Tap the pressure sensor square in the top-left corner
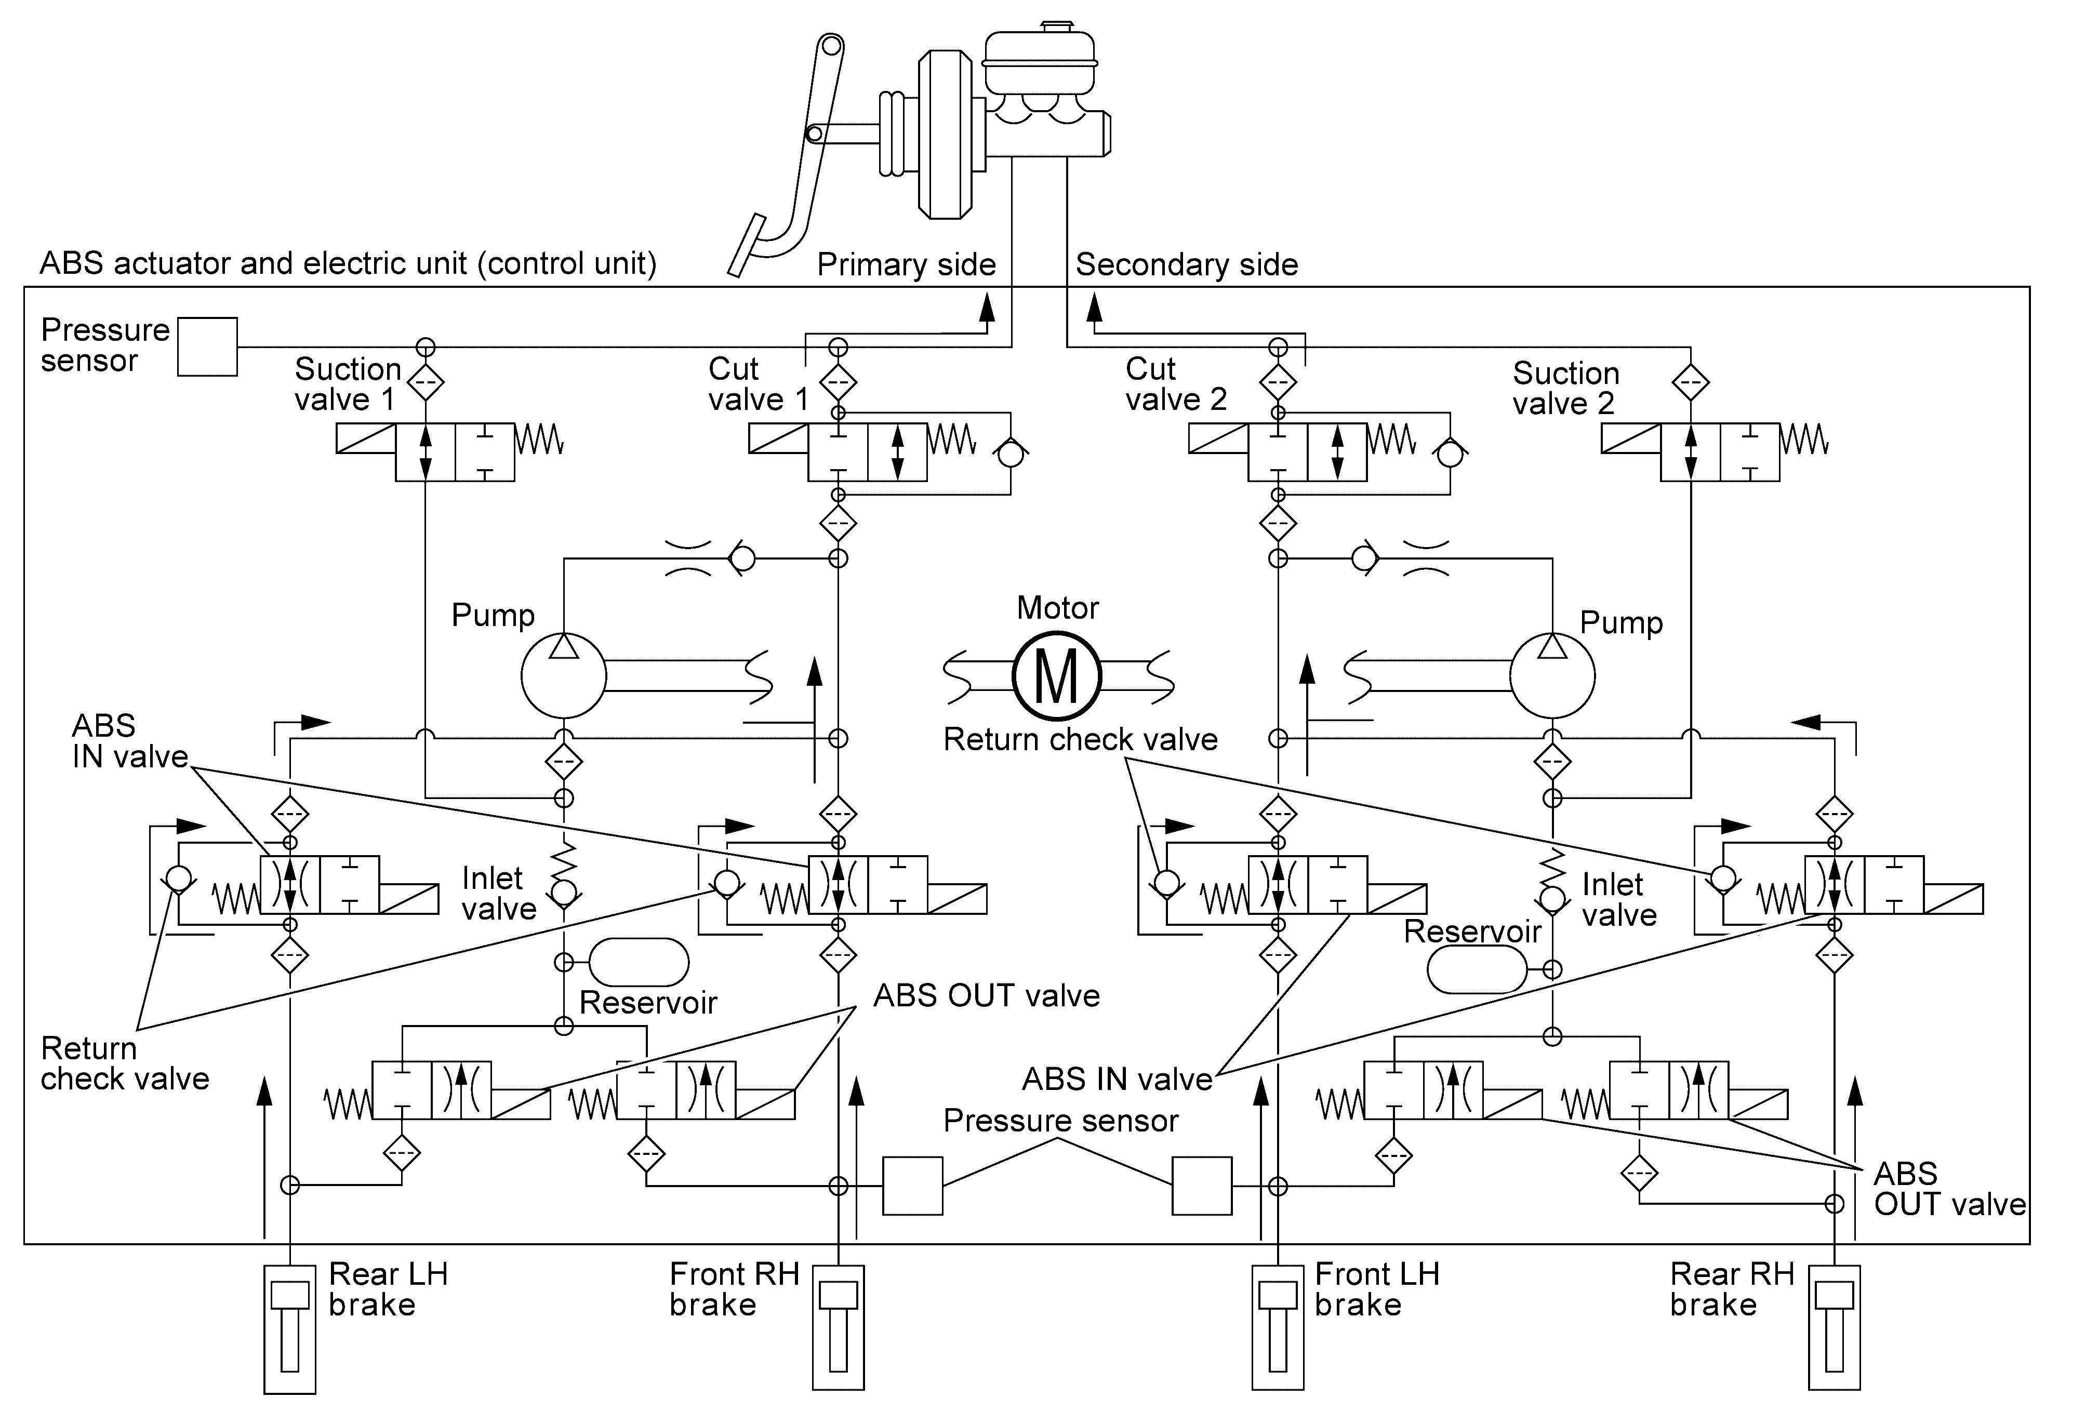(x=208, y=347)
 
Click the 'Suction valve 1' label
(x=348, y=384)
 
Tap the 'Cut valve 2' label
(x=1176, y=384)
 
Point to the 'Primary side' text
(x=906, y=264)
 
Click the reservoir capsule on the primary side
(x=639, y=962)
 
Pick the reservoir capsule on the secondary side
(x=1477, y=970)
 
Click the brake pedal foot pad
(x=747, y=244)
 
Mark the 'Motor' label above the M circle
(x=1058, y=608)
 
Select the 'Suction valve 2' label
(x=1566, y=388)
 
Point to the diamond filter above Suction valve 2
(x=1690, y=382)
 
